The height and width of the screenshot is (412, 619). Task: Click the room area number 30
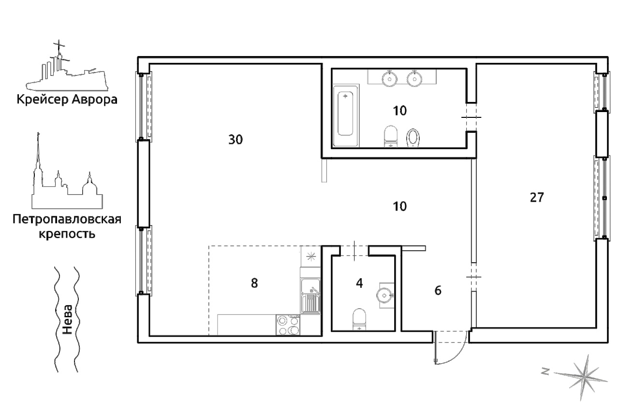click(236, 140)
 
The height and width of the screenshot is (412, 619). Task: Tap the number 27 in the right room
click(537, 198)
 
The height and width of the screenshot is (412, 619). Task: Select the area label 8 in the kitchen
click(254, 283)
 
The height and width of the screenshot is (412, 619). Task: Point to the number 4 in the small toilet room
click(359, 283)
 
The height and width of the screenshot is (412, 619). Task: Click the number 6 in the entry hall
click(438, 291)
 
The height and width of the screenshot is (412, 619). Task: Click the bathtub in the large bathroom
click(345, 115)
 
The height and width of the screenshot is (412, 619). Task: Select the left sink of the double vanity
click(390, 79)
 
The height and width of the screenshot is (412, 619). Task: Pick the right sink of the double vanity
click(414, 79)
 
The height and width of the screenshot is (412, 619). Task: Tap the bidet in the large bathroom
click(413, 138)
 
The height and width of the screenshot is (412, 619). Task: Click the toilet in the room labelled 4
click(359, 319)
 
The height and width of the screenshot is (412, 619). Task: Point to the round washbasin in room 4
click(384, 295)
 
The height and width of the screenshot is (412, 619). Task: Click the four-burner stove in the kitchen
click(288, 325)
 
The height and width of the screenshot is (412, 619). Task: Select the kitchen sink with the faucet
click(310, 296)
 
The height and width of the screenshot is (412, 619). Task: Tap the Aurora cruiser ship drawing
click(66, 68)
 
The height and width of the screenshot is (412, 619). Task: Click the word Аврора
click(94, 99)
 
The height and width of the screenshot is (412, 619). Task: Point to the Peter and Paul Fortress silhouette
click(67, 177)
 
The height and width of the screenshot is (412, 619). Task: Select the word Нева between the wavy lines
click(67, 320)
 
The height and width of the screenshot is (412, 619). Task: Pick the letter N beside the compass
click(545, 371)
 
